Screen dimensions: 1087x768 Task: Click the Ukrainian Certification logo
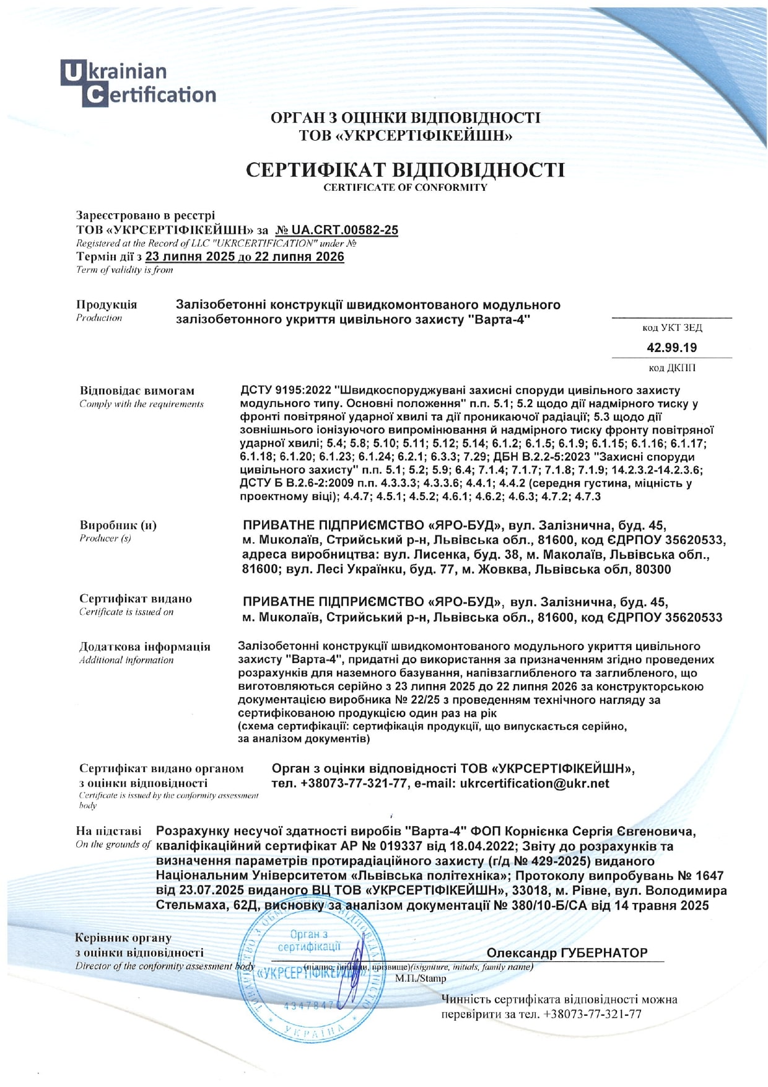[138, 83]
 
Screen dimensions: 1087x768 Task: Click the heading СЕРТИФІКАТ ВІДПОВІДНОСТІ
[405, 170]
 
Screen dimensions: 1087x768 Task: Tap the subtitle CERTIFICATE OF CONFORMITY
[405, 187]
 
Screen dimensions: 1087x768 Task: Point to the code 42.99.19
[671, 348]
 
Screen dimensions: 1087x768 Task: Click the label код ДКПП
[672, 368]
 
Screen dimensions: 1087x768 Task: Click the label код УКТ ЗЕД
[672, 328]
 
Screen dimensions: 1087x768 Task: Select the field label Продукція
[107, 304]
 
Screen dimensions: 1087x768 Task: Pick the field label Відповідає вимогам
[137, 390]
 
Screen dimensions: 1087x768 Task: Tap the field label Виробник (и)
[118, 526]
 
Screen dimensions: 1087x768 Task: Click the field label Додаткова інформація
[144, 646]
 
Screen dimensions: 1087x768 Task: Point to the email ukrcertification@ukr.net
[535, 783]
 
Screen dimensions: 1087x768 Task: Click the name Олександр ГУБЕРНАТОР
[567, 953]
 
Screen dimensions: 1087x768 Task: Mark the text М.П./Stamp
[420, 979]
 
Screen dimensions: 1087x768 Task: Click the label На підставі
[108, 831]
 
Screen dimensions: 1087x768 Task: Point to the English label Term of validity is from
[124, 270]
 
